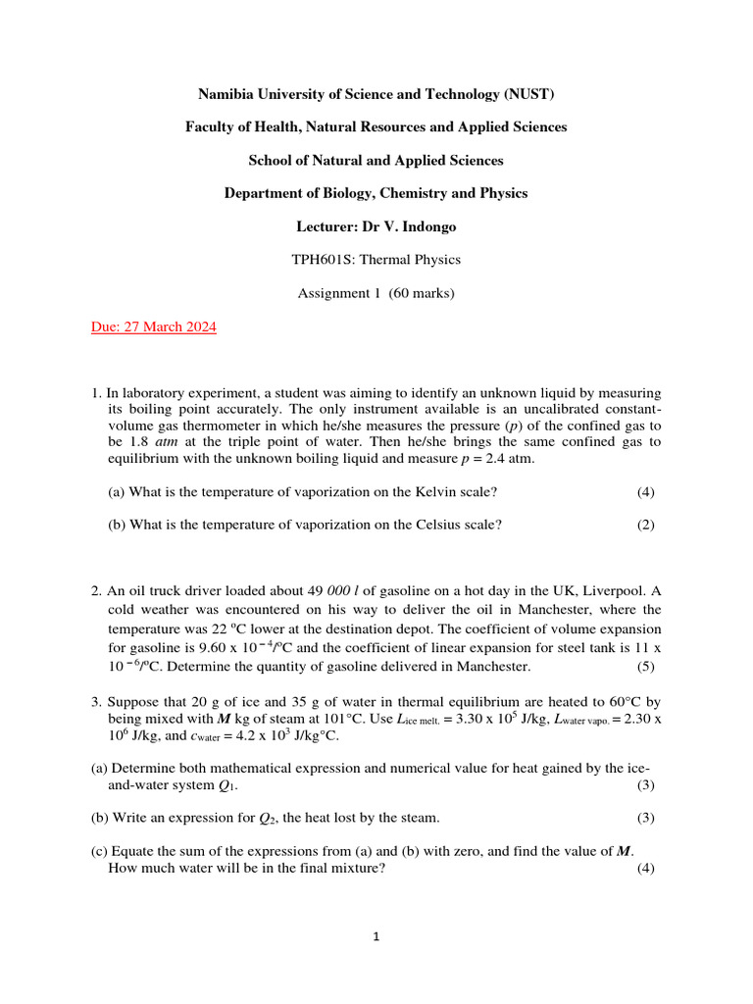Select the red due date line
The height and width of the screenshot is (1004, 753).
(153, 327)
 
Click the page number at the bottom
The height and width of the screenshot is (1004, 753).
(376, 937)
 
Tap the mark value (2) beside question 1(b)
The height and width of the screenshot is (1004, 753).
(645, 525)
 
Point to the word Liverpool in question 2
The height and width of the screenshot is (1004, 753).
(619, 591)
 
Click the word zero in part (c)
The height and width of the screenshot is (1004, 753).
(453, 851)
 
